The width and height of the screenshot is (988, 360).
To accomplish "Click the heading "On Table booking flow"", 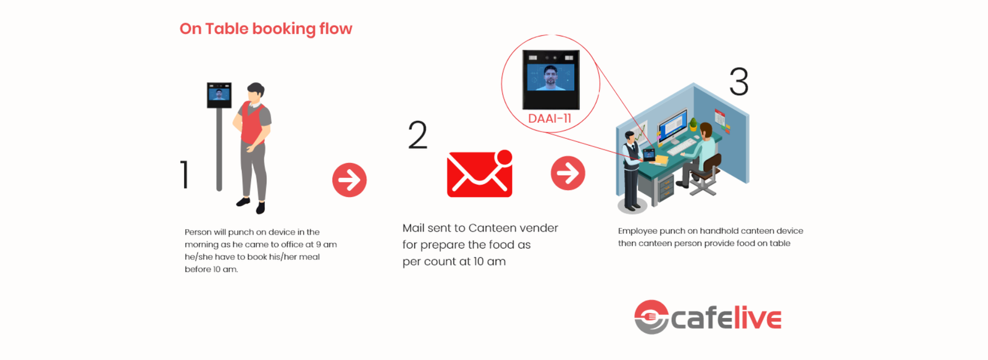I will (266, 29).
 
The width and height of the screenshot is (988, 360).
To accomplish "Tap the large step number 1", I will (184, 174).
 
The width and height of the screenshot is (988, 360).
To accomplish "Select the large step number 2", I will (417, 135).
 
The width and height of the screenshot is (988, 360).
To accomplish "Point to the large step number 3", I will (739, 82).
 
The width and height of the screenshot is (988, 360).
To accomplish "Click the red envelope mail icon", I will (479, 175).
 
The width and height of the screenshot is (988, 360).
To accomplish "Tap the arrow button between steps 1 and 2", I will (350, 180).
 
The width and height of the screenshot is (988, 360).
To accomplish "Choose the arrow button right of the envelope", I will (567, 173).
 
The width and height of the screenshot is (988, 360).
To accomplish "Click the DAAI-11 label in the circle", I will (549, 119).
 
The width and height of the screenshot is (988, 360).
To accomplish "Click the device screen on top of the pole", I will (219, 94).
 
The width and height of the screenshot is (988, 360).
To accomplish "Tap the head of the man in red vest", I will (256, 92).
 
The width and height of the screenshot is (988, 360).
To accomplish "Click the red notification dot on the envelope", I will (504, 157).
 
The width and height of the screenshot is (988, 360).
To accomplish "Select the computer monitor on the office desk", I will (672, 126).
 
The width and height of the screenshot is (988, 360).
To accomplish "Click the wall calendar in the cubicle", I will (721, 117).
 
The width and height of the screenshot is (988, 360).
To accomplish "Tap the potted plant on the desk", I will (693, 125).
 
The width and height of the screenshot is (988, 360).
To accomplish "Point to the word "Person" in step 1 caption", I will (198, 232).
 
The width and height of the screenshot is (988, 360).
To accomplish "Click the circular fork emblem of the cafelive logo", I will (651, 317).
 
